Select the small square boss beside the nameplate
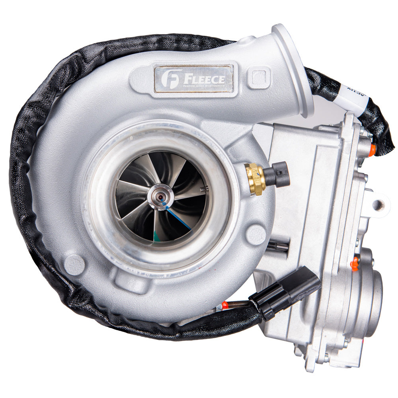tap(259, 77)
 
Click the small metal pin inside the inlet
tap(204, 190)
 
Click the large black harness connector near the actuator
tap(285, 293)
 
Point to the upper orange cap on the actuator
tap(372, 150)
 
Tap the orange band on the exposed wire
tap(225, 306)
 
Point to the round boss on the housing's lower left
tap(74, 265)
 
